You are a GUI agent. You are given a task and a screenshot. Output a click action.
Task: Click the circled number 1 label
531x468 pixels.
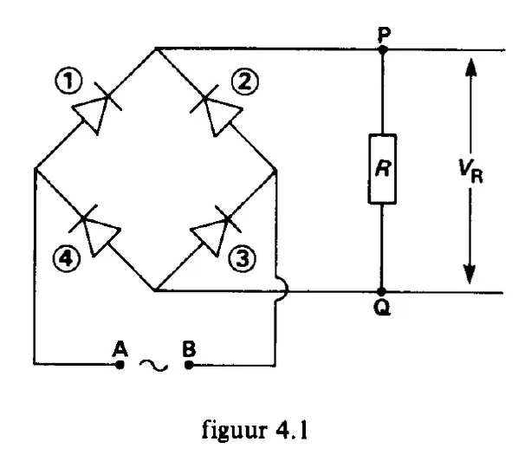point(68,81)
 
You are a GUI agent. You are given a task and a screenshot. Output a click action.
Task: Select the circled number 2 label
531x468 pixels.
point(245,82)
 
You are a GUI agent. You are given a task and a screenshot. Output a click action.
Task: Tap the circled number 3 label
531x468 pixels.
point(243,259)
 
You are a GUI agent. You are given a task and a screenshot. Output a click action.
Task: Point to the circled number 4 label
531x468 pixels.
point(67,259)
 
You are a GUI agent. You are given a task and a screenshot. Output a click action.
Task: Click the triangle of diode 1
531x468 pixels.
point(92,112)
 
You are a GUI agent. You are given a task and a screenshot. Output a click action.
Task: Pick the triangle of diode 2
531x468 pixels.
point(221,114)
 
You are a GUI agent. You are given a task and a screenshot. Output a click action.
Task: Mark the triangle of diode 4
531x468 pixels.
point(100,236)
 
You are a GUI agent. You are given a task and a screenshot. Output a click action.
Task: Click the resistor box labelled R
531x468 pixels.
point(382,169)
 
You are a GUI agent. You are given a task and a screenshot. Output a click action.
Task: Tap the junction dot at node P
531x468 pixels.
point(383,49)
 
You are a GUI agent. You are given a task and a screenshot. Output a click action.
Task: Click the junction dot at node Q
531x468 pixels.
point(382,292)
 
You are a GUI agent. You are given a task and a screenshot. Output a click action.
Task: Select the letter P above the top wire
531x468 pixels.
point(384,35)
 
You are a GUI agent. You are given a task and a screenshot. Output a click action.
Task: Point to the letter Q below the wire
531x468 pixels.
point(382,308)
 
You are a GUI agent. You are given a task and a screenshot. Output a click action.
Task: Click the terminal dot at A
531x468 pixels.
point(120,365)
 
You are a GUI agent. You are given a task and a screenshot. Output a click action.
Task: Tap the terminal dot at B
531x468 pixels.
point(189,365)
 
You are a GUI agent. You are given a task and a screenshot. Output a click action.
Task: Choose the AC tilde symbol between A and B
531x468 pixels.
point(153,366)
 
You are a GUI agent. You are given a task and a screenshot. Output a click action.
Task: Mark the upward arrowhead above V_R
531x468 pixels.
point(471,67)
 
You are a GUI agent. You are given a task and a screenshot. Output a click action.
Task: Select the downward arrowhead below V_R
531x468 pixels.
point(469,274)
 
